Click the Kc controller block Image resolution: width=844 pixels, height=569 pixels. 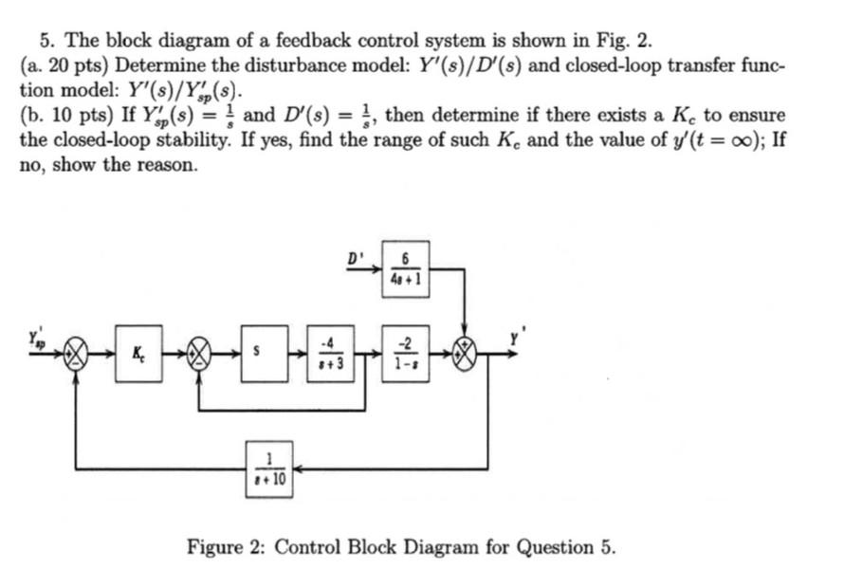click(x=139, y=354)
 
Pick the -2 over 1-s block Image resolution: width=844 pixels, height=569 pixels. click(x=405, y=354)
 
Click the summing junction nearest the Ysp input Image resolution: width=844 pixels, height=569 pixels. click(x=78, y=356)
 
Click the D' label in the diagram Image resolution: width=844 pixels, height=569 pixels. click(x=354, y=256)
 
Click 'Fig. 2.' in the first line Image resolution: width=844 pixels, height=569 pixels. click(x=626, y=41)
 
